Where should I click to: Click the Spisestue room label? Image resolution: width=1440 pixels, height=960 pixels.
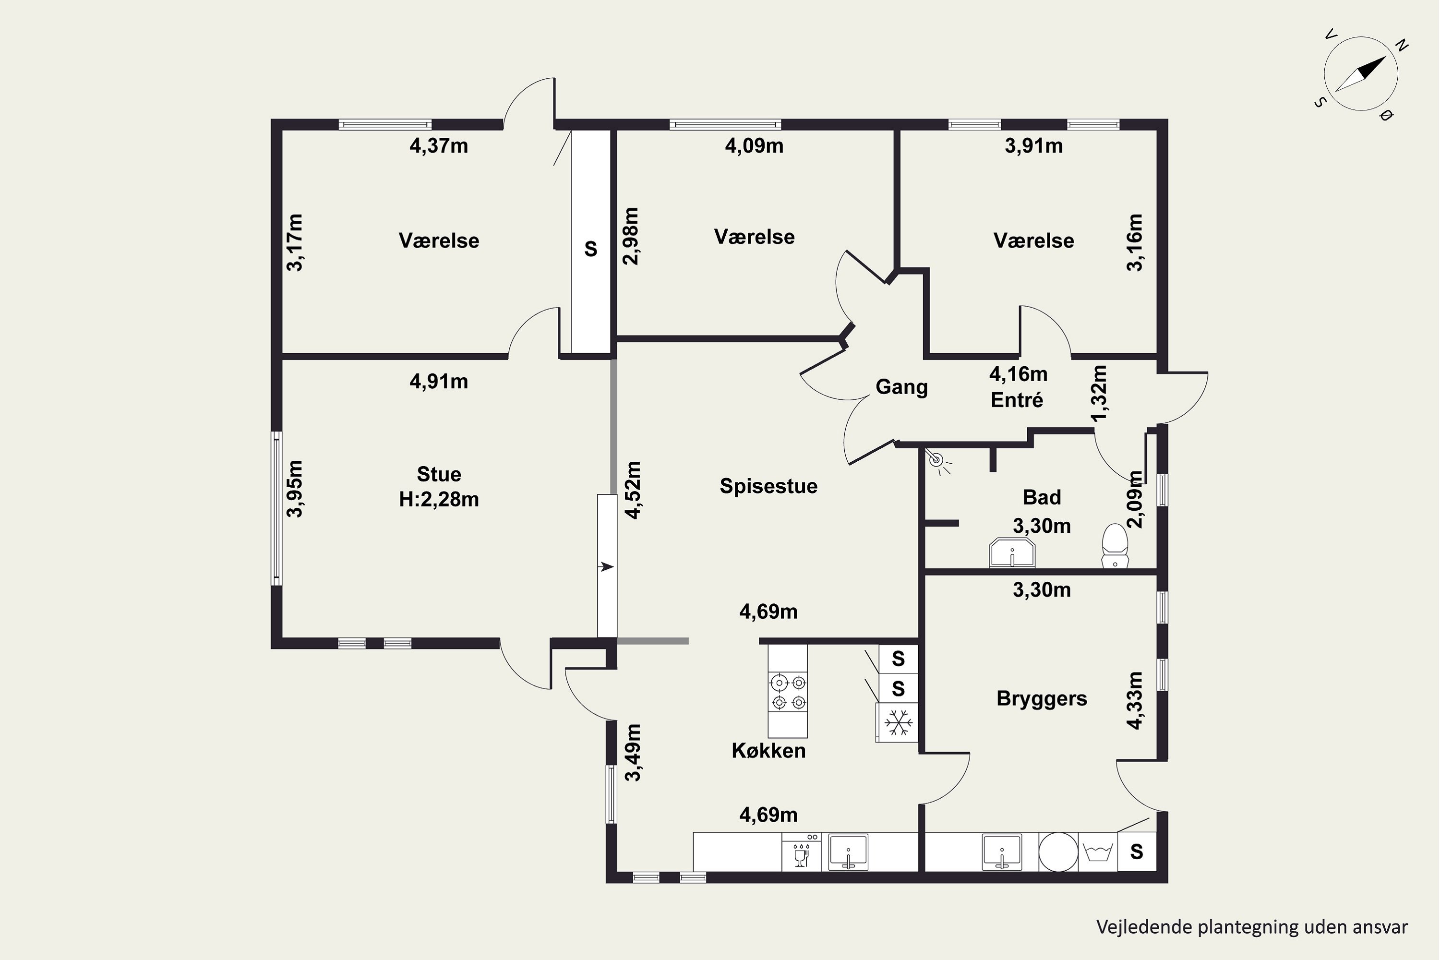(768, 486)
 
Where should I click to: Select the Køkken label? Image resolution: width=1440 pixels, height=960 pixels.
(768, 751)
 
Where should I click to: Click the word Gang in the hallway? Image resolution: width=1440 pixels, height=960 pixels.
(901, 387)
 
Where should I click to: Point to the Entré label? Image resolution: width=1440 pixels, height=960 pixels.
(1017, 400)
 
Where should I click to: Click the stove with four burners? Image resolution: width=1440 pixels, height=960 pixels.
(788, 692)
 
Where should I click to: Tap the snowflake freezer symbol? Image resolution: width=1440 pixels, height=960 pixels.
(898, 722)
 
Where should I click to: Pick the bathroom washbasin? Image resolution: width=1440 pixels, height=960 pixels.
(1012, 553)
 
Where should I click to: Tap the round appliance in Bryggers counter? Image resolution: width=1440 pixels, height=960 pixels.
(1058, 852)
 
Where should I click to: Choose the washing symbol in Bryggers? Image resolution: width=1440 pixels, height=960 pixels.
(1098, 852)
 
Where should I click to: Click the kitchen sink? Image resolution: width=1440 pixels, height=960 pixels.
(848, 852)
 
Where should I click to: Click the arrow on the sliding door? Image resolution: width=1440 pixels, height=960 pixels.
(606, 567)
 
